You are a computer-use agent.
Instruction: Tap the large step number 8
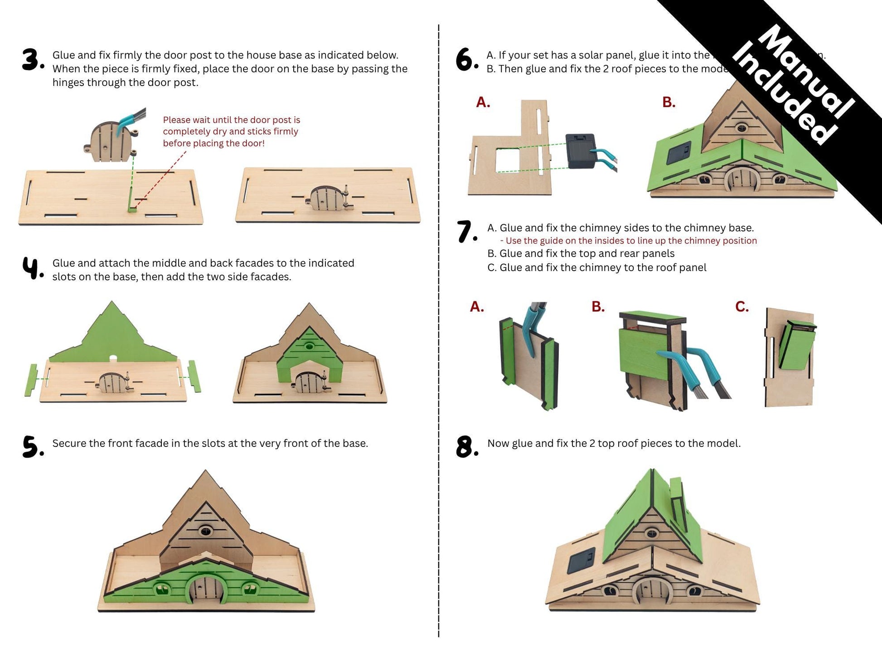coord(467,447)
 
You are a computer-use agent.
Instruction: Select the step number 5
coord(33,447)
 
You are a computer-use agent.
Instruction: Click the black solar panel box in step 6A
coord(580,151)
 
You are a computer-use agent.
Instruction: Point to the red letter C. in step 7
coord(741,307)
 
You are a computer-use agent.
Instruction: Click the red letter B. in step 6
coord(669,102)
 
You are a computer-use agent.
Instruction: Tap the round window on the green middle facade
coord(309,346)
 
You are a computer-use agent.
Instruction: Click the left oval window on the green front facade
coord(161,589)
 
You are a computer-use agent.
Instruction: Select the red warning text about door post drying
coord(231,132)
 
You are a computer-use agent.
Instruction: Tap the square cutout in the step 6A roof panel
coord(507,161)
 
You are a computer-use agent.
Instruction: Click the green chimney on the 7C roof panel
coord(796,345)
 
